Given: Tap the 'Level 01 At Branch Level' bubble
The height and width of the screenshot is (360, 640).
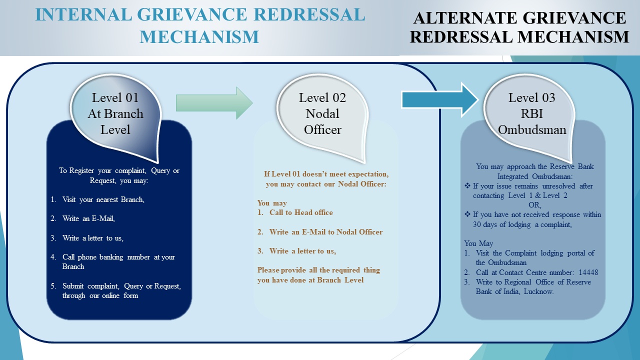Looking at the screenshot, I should [x=115, y=113].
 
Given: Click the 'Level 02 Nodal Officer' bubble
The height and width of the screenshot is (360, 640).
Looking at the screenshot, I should [x=322, y=113].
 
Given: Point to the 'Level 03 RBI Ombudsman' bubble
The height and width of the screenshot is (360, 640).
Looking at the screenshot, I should [x=531, y=113].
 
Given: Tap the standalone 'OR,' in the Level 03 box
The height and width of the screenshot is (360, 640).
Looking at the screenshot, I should [x=534, y=205].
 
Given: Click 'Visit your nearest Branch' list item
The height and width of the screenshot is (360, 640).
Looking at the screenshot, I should [x=103, y=199].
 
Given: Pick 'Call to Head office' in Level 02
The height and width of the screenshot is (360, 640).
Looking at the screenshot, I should [x=301, y=212].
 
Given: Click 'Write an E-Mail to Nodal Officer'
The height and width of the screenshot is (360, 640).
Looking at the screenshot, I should [x=325, y=232].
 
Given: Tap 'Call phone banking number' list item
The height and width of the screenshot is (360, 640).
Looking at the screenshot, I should [x=118, y=257].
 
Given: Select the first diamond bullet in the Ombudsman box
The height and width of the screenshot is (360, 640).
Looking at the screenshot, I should [x=468, y=186].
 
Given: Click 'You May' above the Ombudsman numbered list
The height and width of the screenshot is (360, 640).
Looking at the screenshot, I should [x=478, y=243].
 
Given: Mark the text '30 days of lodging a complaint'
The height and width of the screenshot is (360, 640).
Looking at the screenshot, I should [x=522, y=224].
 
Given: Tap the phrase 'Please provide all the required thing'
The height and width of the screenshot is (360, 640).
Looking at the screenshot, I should [x=318, y=270].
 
